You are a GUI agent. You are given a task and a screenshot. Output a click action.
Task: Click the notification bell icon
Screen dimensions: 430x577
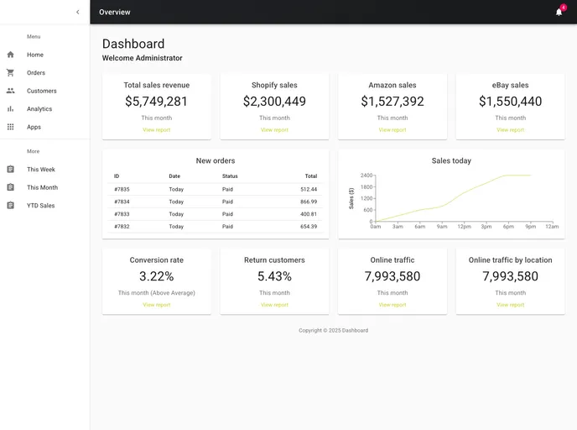point(559,12)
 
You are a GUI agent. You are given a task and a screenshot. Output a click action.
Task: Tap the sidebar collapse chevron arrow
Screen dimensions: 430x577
point(78,12)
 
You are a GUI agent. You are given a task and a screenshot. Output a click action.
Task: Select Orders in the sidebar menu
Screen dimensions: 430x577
point(36,73)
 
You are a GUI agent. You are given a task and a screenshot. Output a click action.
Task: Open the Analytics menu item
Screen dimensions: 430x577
point(39,109)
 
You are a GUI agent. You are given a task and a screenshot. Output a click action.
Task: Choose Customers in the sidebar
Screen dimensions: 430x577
point(42,91)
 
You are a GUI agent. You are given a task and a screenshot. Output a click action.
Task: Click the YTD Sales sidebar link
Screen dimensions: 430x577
point(41,206)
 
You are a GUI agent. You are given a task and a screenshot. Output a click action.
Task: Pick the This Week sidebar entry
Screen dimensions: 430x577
point(41,170)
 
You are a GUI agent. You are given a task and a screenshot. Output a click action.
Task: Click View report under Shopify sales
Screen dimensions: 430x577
point(274,130)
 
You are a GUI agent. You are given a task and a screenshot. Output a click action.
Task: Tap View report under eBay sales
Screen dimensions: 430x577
point(510,130)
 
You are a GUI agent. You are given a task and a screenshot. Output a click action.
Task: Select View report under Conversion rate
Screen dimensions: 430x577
point(157,305)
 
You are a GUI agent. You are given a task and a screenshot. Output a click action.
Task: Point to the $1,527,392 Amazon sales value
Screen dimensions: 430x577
point(392,102)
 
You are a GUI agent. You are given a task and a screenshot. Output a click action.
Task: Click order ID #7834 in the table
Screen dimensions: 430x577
point(122,202)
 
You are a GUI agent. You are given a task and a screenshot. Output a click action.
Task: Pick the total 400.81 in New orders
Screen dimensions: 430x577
point(309,214)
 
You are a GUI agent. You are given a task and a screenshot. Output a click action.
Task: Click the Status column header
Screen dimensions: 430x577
point(230,176)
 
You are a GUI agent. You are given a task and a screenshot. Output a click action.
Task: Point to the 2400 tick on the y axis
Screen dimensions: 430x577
point(366,176)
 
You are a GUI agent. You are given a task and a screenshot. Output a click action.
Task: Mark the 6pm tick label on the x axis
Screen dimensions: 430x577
point(508,227)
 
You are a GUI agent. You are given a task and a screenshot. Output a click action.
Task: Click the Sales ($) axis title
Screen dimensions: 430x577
point(351,198)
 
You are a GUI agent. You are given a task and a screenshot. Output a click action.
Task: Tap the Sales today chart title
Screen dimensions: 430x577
point(451,160)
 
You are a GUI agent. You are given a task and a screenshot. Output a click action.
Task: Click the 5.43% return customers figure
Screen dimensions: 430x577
point(274,276)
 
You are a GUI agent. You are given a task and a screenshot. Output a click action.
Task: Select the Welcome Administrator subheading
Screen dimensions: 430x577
point(142,58)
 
